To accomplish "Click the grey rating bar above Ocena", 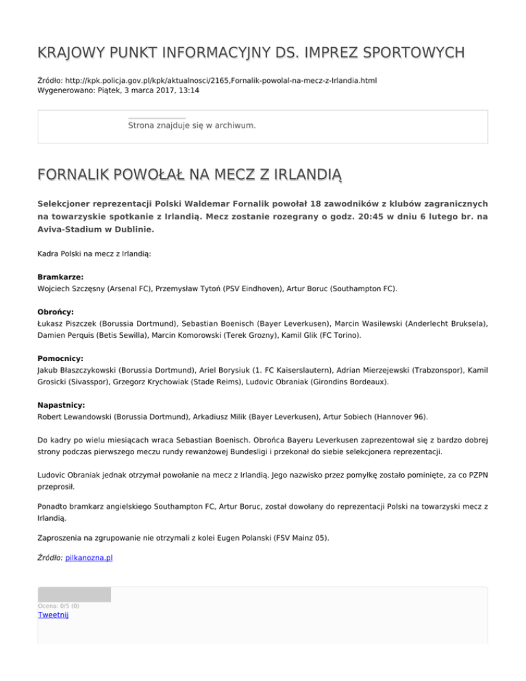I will click(x=74, y=594).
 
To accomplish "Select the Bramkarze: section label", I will click(x=60, y=277).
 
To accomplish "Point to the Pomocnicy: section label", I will click(x=60, y=358).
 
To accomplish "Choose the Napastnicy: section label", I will click(x=62, y=405).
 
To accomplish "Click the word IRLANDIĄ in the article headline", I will click(x=303, y=177).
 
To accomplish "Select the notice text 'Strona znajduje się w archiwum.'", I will click(x=192, y=126).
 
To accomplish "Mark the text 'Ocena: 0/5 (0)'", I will click(x=58, y=606).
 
